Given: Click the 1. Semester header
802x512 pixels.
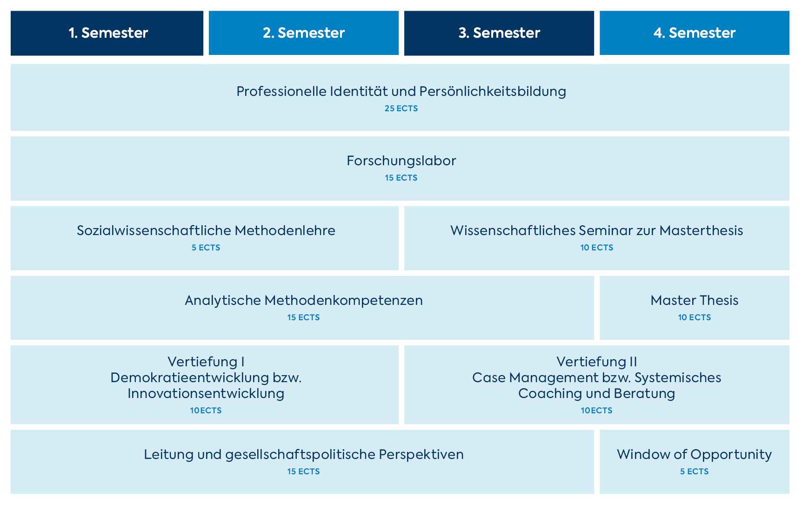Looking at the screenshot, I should [107, 33].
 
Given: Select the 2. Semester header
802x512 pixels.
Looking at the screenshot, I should [303, 33].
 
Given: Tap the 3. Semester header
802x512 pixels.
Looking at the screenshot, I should [499, 33].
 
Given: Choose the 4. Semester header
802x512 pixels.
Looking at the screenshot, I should [694, 33].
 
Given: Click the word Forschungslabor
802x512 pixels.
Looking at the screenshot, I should [401, 161].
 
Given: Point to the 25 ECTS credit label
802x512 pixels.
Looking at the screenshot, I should [401, 108].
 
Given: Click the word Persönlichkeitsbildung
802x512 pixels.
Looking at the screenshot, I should [492, 91].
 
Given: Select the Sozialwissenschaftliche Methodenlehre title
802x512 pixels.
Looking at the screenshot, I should [206, 231].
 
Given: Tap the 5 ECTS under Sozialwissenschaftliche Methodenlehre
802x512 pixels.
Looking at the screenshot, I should [206, 248].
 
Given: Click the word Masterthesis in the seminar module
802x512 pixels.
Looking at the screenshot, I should [701, 231].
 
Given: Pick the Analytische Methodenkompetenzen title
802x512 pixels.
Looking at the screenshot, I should [303, 301].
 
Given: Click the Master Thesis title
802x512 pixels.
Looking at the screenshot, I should [694, 301].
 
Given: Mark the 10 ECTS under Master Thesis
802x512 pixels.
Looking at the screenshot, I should [694, 317].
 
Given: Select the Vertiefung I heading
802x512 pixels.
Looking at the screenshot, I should [206, 362].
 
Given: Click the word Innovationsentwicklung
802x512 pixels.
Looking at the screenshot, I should [206, 394].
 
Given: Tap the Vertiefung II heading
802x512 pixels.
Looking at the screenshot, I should [596, 362].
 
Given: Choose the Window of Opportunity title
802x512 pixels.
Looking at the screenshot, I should [694, 455].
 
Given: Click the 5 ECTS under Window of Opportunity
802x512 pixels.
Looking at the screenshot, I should [694, 472].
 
